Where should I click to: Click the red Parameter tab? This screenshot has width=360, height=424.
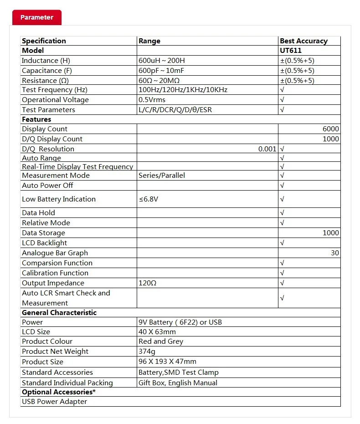[36, 17]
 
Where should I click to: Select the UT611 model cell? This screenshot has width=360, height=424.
[291, 51]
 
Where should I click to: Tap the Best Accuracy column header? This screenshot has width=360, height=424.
[303, 41]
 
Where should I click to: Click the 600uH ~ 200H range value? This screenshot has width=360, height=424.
[162, 61]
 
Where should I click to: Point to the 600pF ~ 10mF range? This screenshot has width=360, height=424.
[161, 71]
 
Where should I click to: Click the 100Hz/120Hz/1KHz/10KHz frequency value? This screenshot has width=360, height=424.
[183, 90]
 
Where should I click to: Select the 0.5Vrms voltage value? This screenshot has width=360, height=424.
[153, 100]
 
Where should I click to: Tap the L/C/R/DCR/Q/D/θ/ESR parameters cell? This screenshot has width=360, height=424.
[175, 110]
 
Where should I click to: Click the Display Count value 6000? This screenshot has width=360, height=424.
[331, 129]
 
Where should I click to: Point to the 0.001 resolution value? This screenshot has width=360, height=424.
[267, 149]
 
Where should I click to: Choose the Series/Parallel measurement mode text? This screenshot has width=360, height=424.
[162, 176]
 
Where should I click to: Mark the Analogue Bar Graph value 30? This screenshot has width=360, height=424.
[335, 253]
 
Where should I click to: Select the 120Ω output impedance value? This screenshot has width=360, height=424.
[148, 283]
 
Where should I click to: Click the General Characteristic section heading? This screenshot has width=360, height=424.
[59, 313]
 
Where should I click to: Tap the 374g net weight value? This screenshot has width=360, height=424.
[147, 352]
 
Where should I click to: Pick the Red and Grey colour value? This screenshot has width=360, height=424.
[161, 341]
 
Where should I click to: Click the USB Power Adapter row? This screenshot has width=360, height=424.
[54, 402]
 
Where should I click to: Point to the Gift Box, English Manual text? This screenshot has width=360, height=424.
[178, 383]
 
